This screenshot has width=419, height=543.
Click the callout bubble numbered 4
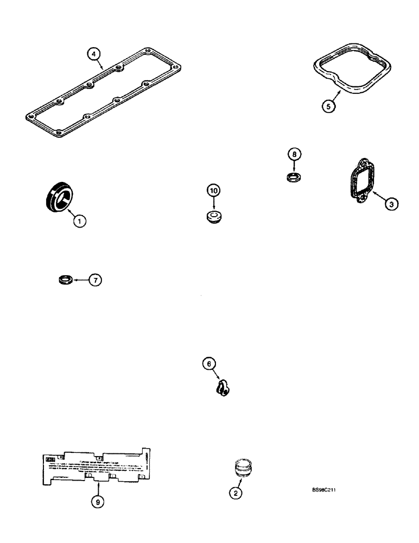point(95,54)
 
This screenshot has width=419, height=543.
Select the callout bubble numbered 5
point(327,106)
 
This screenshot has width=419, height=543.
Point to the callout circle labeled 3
point(391,204)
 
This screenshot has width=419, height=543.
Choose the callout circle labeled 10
point(213,191)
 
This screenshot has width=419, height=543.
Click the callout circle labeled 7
point(94,280)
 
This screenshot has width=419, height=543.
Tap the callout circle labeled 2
point(235,493)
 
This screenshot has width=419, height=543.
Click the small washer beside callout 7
point(65,280)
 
